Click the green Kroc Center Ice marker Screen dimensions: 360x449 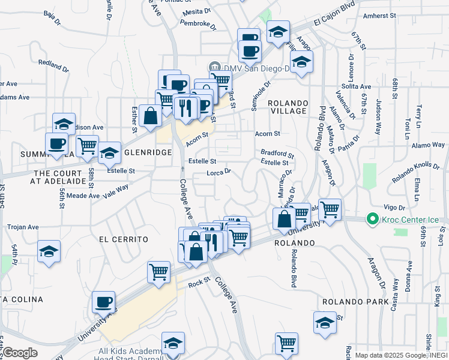[372, 219]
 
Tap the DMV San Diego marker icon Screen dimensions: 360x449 [213, 67]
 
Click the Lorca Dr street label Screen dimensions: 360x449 [218, 172]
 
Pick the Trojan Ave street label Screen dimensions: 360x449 [22, 227]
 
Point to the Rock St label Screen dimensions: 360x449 [199, 281]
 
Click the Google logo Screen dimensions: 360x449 [20, 353]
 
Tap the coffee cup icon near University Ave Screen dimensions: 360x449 [103, 302]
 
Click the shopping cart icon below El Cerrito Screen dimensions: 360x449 [158, 271]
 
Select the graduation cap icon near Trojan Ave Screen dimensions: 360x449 [49, 251]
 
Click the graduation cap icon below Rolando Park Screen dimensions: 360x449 [325, 322]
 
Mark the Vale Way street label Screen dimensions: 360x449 [115, 190]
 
